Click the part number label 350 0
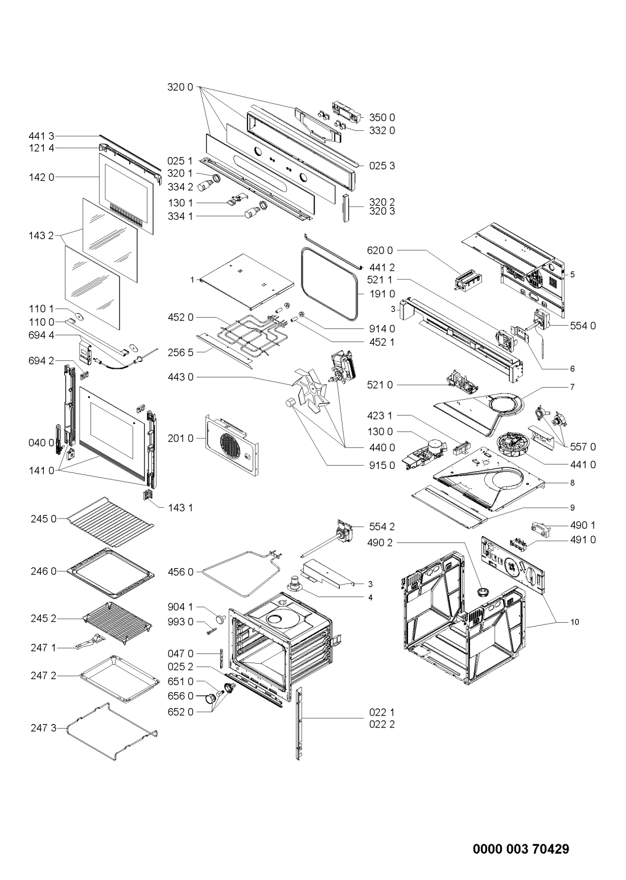pyautogui.click(x=382, y=117)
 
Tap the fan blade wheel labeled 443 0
pyautogui.click(x=310, y=389)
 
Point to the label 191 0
pyautogui.click(x=382, y=294)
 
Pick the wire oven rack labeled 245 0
pyautogui.click(x=111, y=522)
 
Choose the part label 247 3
pyautogui.click(x=43, y=728)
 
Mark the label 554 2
pyautogui.click(x=382, y=527)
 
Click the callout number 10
pyautogui.click(x=575, y=622)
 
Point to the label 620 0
pyautogui.click(x=380, y=250)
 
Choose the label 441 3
pyautogui.click(x=41, y=136)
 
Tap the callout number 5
pyautogui.click(x=572, y=274)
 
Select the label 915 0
pyautogui.click(x=382, y=465)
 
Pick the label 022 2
pyautogui.click(x=382, y=723)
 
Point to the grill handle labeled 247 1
pyautogui.click(x=89, y=642)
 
